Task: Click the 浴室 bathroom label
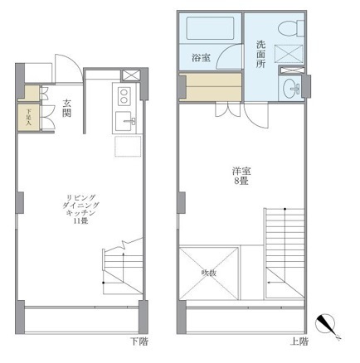pos(202,59)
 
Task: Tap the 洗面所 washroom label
pos(260,54)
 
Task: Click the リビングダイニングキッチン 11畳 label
pos(80,207)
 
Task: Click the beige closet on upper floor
pos(208,87)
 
